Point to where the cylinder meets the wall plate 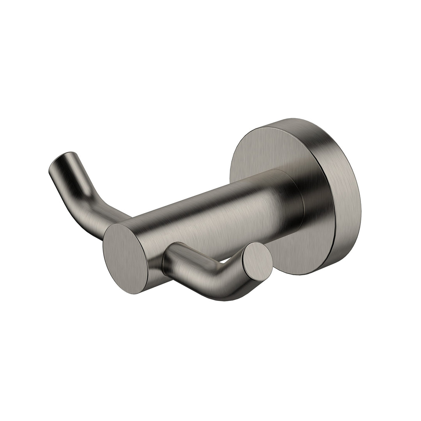pos(300,203)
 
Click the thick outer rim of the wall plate pos(347,195)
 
